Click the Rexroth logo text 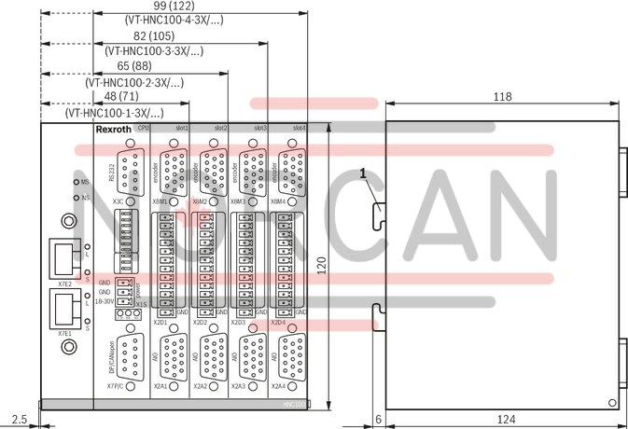point(114,128)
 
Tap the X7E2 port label point(65,279)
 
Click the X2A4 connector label point(278,385)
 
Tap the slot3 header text point(260,128)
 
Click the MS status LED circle point(75,182)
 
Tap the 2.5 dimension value point(20,419)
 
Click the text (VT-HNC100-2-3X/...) point(134,83)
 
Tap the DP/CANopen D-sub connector point(131,354)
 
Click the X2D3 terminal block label point(239,323)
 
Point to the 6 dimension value point(377,419)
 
